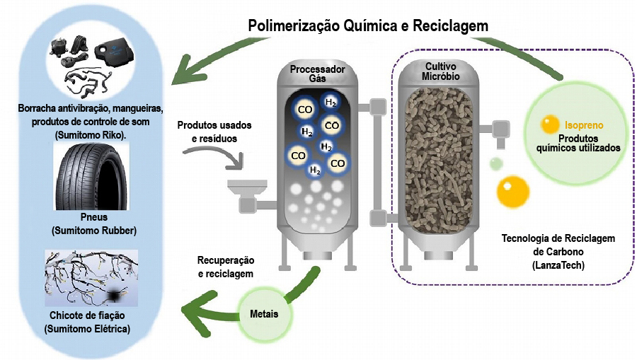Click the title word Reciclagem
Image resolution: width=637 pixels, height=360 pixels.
coord(448,25)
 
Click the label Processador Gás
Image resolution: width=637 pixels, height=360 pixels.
coord(317,74)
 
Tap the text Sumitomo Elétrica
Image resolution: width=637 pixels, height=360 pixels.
coord(87,329)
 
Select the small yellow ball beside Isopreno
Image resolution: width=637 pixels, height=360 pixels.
coord(550,125)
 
